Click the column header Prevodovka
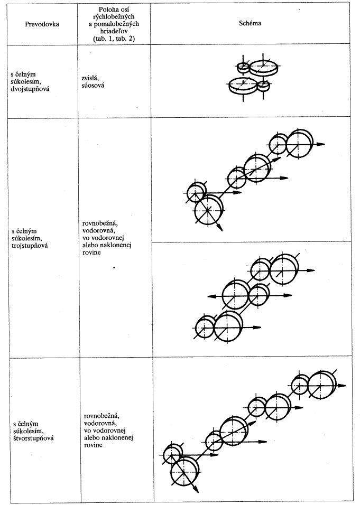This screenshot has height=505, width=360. (x=42, y=24)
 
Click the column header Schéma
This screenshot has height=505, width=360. (x=250, y=23)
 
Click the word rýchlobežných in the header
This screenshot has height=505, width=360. (x=114, y=16)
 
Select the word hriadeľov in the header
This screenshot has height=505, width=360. (x=114, y=31)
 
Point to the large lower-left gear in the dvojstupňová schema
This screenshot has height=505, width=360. (x=243, y=86)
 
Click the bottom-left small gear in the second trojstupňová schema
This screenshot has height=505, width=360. (x=205, y=327)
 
